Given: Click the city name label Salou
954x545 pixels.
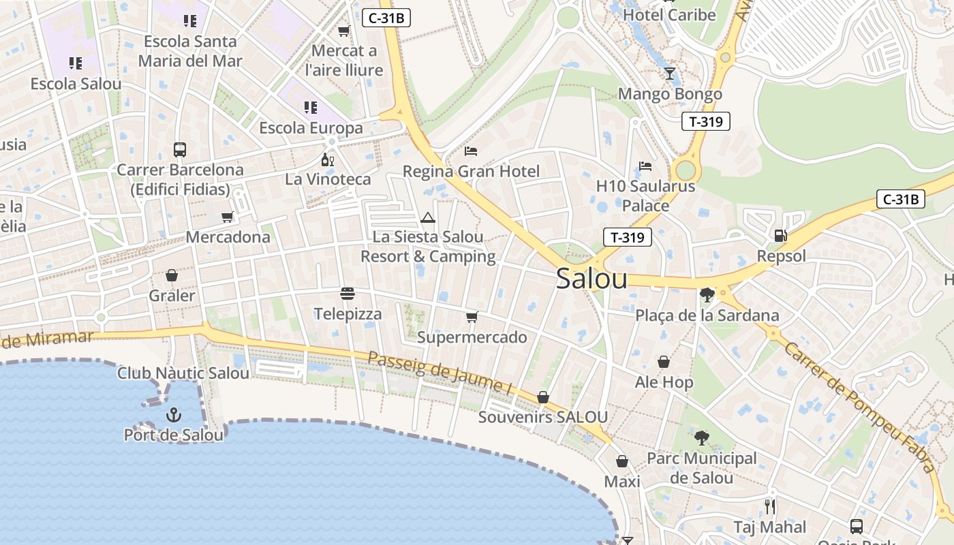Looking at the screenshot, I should (x=591, y=279).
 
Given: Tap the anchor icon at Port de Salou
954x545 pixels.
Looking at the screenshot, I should (x=174, y=414).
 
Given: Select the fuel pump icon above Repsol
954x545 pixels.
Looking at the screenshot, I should (x=780, y=236).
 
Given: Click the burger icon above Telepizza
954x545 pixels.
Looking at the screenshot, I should (x=348, y=294).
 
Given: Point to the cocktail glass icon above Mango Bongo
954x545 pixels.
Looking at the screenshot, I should (x=669, y=74).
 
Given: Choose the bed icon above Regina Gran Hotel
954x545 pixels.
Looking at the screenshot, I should (x=471, y=151).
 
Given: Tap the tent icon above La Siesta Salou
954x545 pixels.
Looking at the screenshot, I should (x=428, y=217).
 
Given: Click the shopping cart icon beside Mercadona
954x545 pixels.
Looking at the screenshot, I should (x=227, y=217).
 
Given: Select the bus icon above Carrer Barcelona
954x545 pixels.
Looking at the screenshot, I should (x=180, y=149).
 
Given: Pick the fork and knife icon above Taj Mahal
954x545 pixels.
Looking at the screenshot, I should (x=770, y=506).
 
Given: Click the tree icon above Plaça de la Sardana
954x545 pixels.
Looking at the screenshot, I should (x=707, y=295).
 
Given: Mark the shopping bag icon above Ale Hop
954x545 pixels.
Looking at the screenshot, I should (x=664, y=362).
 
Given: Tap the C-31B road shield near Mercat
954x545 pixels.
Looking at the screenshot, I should (x=386, y=18).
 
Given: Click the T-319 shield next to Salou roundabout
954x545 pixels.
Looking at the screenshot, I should (x=628, y=237).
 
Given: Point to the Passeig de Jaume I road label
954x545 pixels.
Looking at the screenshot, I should (x=440, y=373).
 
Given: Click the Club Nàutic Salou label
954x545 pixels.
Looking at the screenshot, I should (x=183, y=373).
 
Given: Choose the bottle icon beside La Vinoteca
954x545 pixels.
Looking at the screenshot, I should (x=328, y=160).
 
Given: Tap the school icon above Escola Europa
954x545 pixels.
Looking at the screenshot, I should (x=311, y=108).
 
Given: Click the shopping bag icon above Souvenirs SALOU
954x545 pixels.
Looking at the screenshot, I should (x=543, y=396).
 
